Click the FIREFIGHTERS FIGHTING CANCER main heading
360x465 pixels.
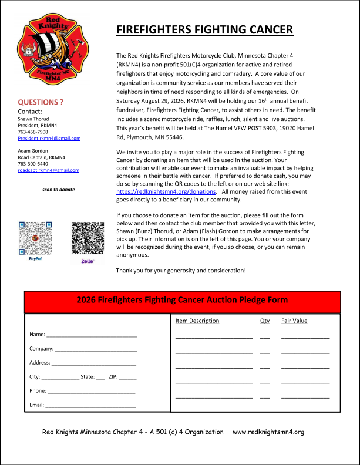tap(205, 30)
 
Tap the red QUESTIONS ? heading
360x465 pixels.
tap(41, 102)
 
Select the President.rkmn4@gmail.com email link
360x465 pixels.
tap(49, 138)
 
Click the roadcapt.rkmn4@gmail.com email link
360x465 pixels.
tap(49, 170)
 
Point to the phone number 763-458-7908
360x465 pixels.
tap(33, 132)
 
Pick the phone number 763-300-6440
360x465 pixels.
tap(33, 164)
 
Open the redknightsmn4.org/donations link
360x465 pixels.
tap(166, 191)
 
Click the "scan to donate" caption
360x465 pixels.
tap(59, 190)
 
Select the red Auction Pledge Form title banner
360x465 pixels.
tap(182, 300)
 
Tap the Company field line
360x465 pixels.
tap(95, 349)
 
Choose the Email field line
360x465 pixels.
tap(90, 405)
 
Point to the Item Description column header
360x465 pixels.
tap(197, 321)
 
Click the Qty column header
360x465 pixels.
tap(265, 321)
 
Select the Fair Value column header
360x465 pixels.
tap(294, 321)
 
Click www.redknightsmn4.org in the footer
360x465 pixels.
tap(268, 432)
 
